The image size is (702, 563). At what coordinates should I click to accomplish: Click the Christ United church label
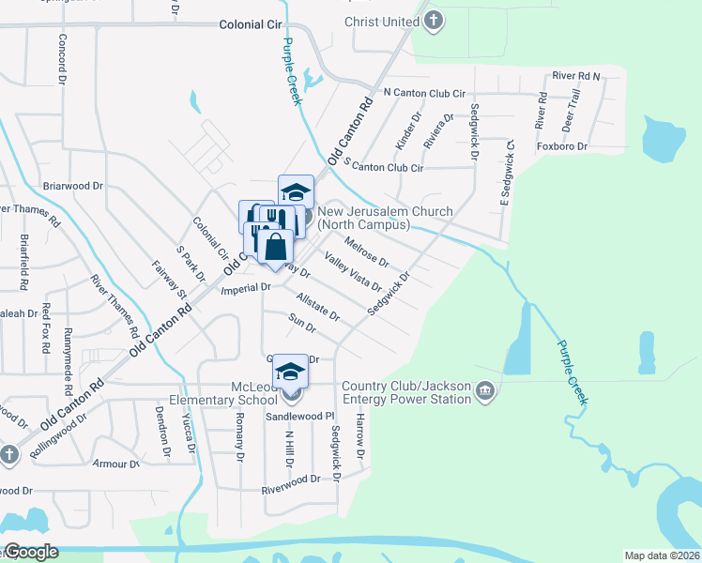(380, 21)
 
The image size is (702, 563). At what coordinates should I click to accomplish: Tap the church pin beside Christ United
(433, 21)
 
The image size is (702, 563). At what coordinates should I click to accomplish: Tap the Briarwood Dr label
(72, 186)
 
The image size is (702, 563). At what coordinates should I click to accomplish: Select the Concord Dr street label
(63, 62)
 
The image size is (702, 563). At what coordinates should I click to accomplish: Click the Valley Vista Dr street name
(353, 272)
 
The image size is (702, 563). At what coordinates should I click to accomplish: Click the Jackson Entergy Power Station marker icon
(484, 390)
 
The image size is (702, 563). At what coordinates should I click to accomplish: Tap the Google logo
(30, 552)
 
